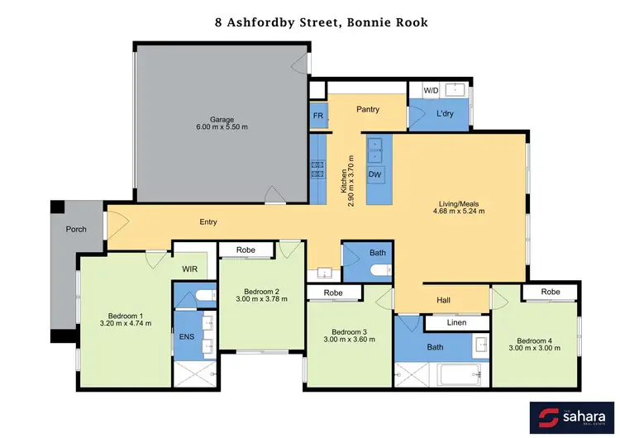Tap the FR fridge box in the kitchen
coord(317,117)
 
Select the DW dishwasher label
coord(374,175)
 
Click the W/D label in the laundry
coord(431,89)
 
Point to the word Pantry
coord(367,109)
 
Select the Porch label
coord(76,229)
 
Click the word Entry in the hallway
coord(208,221)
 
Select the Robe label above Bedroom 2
coord(245,250)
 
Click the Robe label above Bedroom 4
coord(551,292)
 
